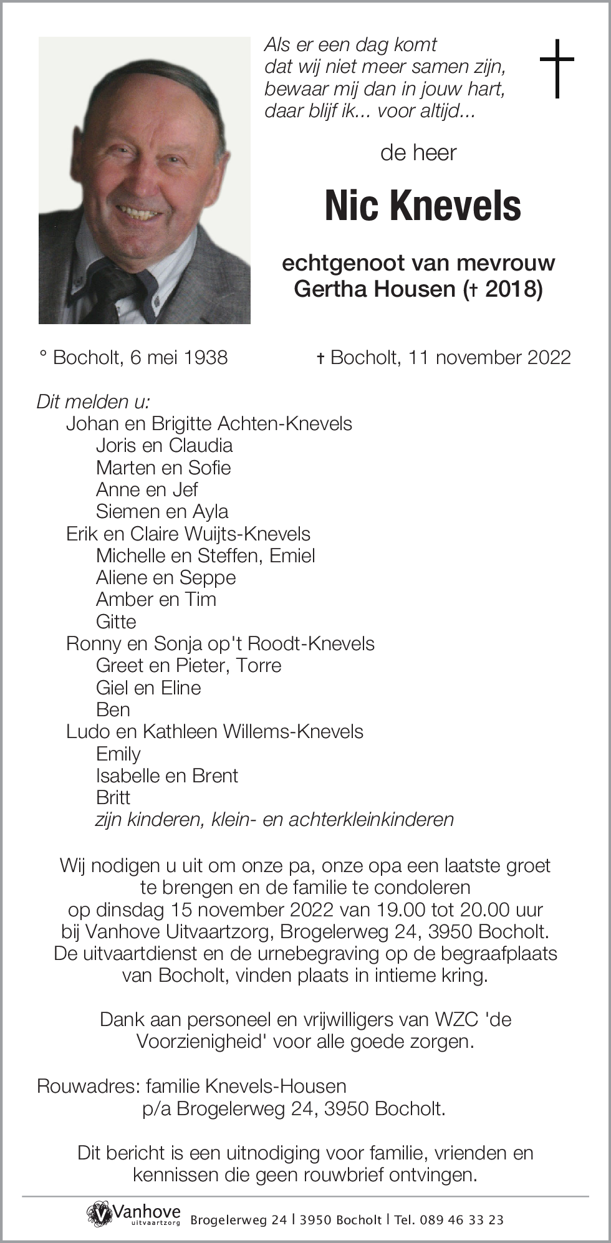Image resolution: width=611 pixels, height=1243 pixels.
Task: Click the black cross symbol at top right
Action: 556,68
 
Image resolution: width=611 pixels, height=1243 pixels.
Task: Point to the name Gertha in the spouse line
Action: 325,289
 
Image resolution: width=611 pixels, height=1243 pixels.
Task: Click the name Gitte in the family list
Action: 116,621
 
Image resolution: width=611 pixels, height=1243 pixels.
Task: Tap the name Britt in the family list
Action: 113,797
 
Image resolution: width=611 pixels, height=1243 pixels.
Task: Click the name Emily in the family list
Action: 118,754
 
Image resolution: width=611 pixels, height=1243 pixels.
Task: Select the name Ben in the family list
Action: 113,709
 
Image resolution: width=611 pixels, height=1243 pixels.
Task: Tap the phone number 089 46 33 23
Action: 462,1220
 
